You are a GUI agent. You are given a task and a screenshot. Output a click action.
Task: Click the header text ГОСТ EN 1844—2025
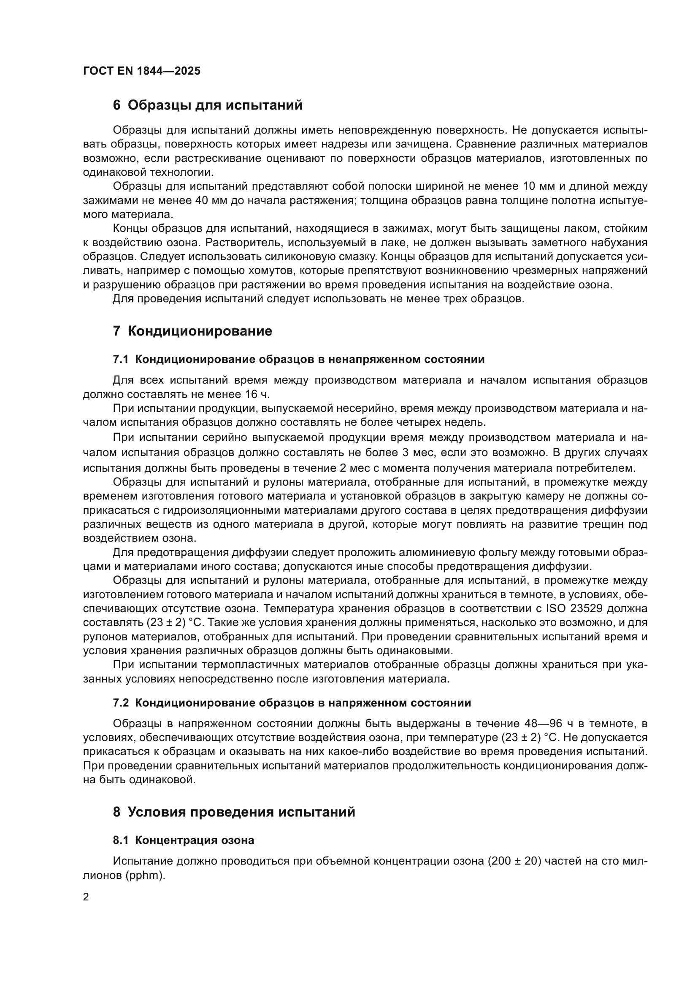(x=142, y=71)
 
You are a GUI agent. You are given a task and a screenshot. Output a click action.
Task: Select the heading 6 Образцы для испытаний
(x=208, y=105)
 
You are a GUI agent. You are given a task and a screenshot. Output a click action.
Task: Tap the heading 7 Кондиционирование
(x=192, y=331)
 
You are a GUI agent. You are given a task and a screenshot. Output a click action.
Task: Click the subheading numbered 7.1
(x=298, y=360)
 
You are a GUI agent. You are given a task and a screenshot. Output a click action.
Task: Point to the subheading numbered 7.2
(x=292, y=703)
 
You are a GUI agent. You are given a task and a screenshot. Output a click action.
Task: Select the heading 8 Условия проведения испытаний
(x=234, y=812)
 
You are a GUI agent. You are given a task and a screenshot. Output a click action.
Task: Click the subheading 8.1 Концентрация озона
(x=183, y=841)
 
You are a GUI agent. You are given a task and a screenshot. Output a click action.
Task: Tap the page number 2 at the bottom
(x=86, y=897)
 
